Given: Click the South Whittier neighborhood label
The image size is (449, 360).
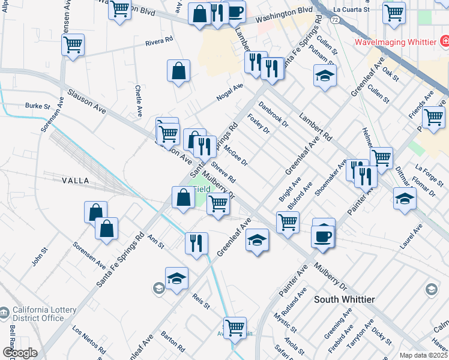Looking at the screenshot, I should pos(345,299).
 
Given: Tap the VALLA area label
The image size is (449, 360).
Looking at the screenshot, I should pos(76,180).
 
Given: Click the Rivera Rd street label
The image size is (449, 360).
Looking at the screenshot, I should pos(158,43).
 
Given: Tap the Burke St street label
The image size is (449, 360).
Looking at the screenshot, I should pos(37,106).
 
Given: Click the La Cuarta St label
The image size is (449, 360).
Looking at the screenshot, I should pos(353,10).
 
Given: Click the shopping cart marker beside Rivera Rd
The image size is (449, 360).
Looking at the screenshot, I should pos(73,44).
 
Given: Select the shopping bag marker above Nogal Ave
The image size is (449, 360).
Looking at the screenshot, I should pos(179,71).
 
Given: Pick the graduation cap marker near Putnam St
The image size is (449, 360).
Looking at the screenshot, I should pos(325,76).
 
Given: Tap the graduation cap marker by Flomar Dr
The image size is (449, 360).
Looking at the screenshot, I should pos(405,199).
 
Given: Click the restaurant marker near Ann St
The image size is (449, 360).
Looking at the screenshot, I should pos(196,243).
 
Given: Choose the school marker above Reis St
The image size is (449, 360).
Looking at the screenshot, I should pos(176,278).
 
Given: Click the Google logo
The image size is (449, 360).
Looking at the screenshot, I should pos(19,353).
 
